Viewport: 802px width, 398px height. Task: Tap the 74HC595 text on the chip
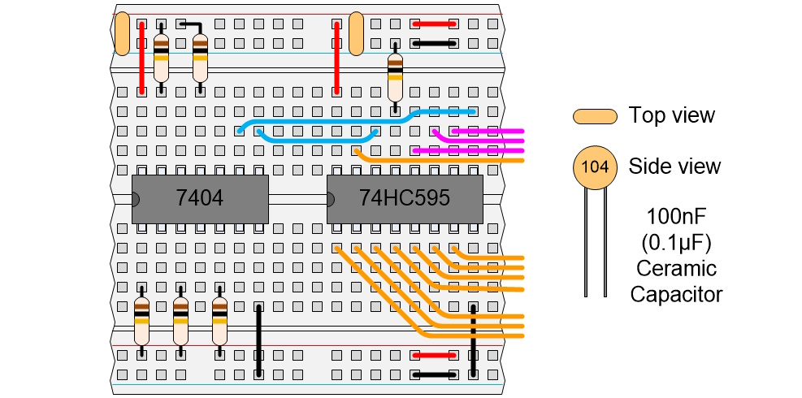point(405,198)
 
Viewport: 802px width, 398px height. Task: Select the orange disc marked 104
point(594,167)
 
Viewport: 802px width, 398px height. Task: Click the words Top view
point(671,115)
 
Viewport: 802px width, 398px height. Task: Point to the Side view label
point(674,167)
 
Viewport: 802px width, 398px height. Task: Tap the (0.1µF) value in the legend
point(675,243)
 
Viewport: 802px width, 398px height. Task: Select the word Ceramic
point(675,268)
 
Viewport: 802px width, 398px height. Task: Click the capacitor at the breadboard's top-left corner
point(122,34)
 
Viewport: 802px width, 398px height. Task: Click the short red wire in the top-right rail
point(433,24)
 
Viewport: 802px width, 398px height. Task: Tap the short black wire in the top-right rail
point(433,43)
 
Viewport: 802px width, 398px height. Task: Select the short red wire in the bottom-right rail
point(433,355)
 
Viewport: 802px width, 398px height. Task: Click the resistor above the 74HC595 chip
point(395,72)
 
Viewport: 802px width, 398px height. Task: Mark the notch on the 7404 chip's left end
point(135,199)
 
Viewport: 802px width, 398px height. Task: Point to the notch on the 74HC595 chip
point(330,199)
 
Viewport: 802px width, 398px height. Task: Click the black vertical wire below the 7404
point(258,340)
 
